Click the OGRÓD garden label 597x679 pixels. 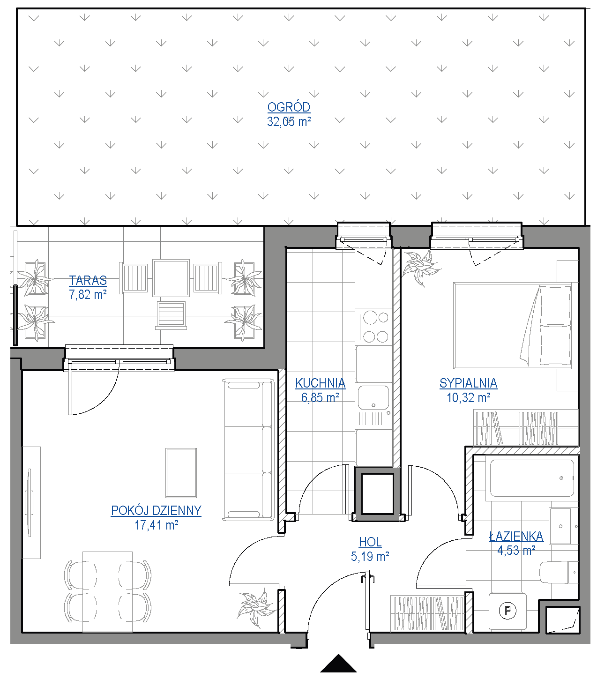pyautogui.click(x=289, y=107)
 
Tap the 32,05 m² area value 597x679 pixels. pyautogui.click(x=289, y=121)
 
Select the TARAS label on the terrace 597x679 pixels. pyautogui.click(x=88, y=280)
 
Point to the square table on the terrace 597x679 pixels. pyautogui.click(x=171, y=278)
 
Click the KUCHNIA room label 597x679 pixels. pyautogui.click(x=320, y=383)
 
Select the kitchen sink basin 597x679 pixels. pyautogui.click(x=373, y=397)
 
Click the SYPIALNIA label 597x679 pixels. pyautogui.click(x=468, y=383)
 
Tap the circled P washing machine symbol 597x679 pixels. pyautogui.click(x=507, y=610)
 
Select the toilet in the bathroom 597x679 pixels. pyautogui.click(x=559, y=572)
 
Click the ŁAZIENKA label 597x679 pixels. pyautogui.click(x=516, y=537)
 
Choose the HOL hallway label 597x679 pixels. pyautogui.click(x=370, y=542)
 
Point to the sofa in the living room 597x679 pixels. pyautogui.click(x=248, y=450)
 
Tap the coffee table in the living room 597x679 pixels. pyautogui.click(x=181, y=473)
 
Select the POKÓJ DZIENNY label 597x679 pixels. pyautogui.click(x=156, y=510)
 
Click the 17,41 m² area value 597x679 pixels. pyautogui.click(x=156, y=525)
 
